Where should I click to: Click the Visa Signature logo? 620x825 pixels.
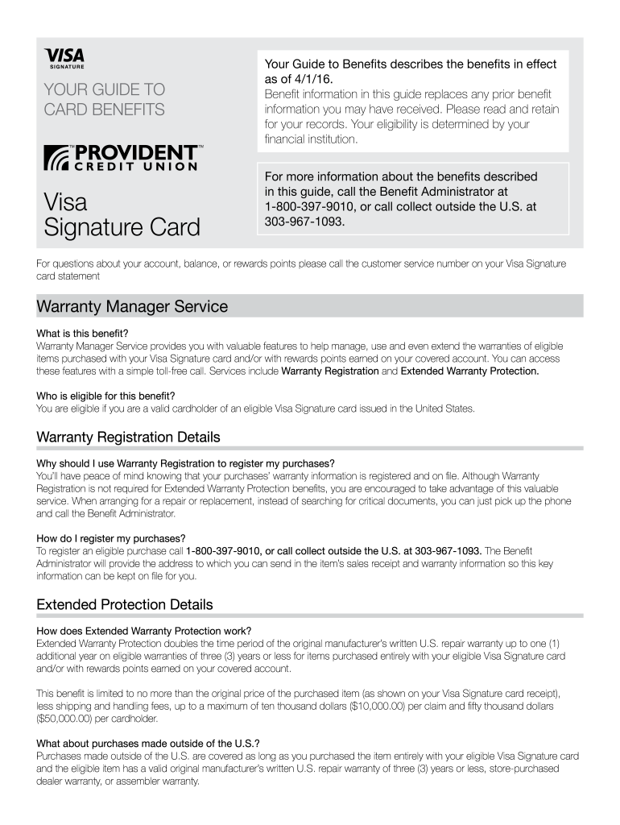coord(64,59)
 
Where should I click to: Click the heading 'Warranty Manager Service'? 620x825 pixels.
coord(132,307)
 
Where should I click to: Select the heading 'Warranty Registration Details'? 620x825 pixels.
coord(128,437)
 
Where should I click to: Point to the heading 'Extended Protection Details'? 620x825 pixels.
coord(125,603)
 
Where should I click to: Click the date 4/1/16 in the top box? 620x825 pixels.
coord(310,79)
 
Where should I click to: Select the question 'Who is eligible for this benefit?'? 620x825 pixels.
coord(105,396)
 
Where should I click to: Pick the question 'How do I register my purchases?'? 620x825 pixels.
coord(111,538)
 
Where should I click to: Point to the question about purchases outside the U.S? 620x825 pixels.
coord(148,743)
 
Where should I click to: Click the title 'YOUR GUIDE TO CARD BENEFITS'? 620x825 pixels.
coord(104,99)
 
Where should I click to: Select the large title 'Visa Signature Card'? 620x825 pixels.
coord(121,214)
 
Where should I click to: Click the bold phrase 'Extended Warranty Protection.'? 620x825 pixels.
coord(469,371)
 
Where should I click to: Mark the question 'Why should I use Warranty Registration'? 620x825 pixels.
coord(185,463)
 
